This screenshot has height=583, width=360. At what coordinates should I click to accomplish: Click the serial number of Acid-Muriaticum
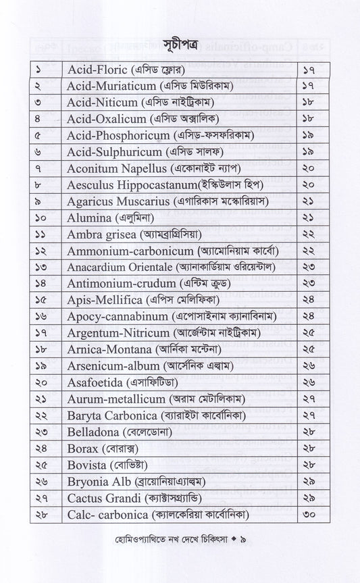pyautogui.click(x=41, y=88)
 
